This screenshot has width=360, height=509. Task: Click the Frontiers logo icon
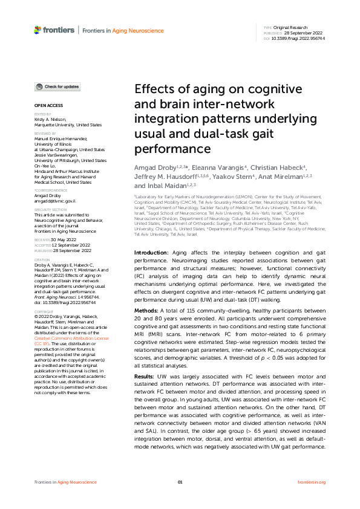click(38, 30)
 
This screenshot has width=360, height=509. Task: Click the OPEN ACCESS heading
click(46, 105)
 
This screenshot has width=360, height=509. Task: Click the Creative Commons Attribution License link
click(72, 338)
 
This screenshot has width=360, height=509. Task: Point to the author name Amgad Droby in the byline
click(152, 167)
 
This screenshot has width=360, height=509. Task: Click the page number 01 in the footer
click(180, 482)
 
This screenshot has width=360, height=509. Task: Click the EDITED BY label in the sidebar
click(43, 114)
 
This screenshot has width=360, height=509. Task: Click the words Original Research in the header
click(290, 28)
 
